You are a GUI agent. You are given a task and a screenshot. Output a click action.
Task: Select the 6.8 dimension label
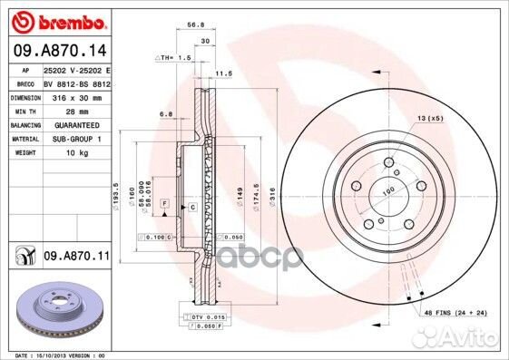point(166,114)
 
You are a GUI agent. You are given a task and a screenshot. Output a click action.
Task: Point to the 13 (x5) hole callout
point(431,118)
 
